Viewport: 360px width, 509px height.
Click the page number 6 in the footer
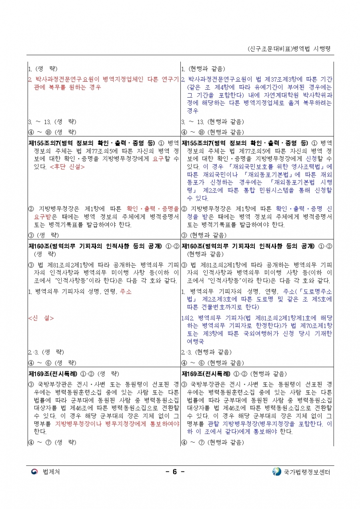click(x=174, y=472)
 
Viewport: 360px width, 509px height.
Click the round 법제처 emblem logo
click(x=34, y=472)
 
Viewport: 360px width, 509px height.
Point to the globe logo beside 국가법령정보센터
click(x=276, y=472)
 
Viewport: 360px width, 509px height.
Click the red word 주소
click(x=126, y=291)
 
